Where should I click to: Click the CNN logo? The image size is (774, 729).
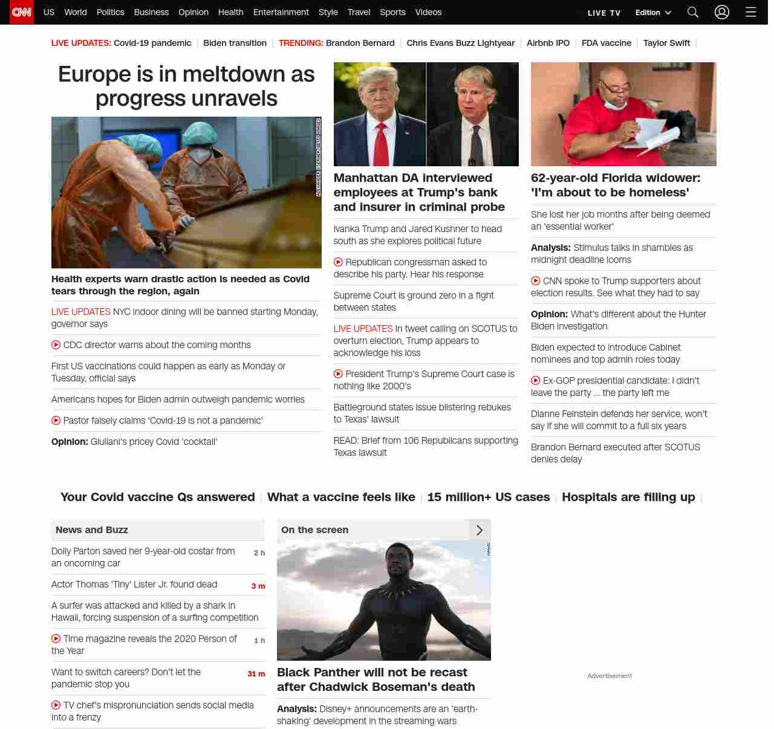pyautogui.click(x=22, y=12)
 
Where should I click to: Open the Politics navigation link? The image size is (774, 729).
pyautogui.click(x=110, y=12)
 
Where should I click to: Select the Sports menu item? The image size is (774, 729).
pyautogui.click(x=392, y=12)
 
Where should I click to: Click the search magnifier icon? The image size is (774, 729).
pyautogui.click(x=693, y=12)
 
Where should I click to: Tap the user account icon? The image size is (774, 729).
pyautogui.click(x=721, y=12)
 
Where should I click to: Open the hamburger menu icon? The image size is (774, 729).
pyautogui.click(x=750, y=12)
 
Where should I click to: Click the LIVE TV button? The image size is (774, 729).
pyautogui.click(x=604, y=13)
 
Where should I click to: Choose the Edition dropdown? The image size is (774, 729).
pyautogui.click(x=653, y=13)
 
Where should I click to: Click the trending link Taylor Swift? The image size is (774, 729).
pyautogui.click(x=666, y=43)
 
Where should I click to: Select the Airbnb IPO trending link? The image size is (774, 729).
pyautogui.click(x=548, y=43)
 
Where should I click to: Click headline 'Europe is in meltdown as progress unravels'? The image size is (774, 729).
pyautogui.click(x=186, y=86)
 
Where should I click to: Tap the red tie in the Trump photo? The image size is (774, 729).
pyautogui.click(x=381, y=145)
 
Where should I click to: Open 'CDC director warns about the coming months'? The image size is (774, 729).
pyautogui.click(x=157, y=345)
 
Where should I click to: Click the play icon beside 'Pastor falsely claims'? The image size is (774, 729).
pyautogui.click(x=56, y=421)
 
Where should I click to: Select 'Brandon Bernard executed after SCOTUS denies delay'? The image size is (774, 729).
pyautogui.click(x=615, y=453)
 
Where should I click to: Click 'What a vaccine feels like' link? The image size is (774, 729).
pyautogui.click(x=341, y=497)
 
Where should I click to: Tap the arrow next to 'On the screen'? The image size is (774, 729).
pyautogui.click(x=480, y=530)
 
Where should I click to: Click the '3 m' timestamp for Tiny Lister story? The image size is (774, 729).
pyautogui.click(x=258, y=586)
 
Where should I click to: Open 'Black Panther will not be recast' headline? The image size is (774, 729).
pyautogui.click(x=376, y=679)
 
